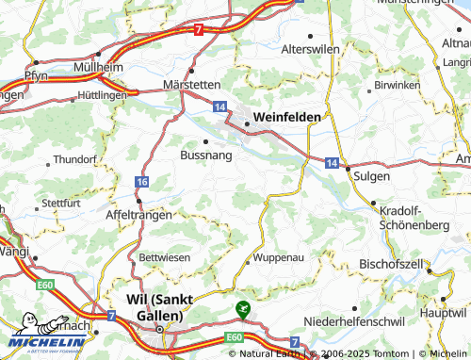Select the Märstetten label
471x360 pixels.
pyautogui.click(x=194, y=83)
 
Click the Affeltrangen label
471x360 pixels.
pyautogui.click(x=140, y=215)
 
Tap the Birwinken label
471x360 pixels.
pyautogui.click(x=396, y=85)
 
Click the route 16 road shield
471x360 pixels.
pyautogui.click(x=141, y=181)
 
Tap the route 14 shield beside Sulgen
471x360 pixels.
pyautogui.click(x=333, y=162)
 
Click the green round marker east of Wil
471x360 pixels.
pyautogui.click(x=243, y=308)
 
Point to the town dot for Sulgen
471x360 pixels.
pyautogui.click(x=348, y=168)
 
